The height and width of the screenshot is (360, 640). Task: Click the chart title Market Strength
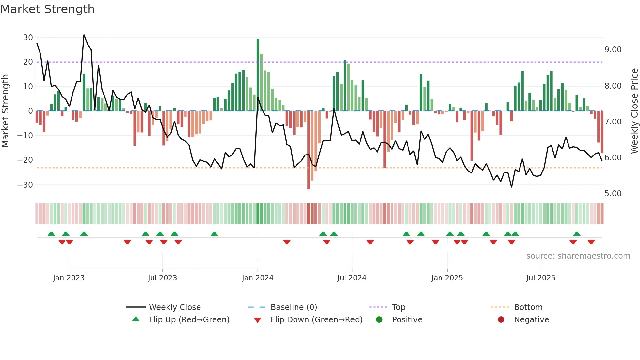pyautogui.click(x=47, y=9)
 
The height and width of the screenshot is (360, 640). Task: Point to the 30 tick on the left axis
pyautogui.click(x=28, y=38)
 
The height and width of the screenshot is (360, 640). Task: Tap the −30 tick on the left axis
pyautogui.click(x=25, y=185)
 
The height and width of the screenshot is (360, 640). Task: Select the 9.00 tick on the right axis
pyautogui.click(x=613, y=50)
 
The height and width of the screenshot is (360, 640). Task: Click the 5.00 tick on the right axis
pyautogui.click(x=613, y=194)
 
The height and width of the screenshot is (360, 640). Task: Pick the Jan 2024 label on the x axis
pyautogui.click(x=258, y=278)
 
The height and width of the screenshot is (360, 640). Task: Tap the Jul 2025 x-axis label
pyautogui.click(x=541, y=278)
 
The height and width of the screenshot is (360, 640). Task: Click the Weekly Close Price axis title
pyautogui.click(x=634, y=111)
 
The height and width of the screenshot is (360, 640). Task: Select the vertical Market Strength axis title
pyautogui.click(x=5, y=111)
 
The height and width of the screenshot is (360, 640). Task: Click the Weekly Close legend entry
pyautogui.click(x=175, y=307)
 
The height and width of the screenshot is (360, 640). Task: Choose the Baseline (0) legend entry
pyautogui.click(x=294, y=307)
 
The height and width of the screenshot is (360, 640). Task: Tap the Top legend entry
pyautogui.click(x=398, y=307)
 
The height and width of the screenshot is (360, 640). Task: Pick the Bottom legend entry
pyautogui.click(x=528, y=307)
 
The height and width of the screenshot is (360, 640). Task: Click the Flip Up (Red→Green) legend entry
pyautogui.click(x=189, y=320)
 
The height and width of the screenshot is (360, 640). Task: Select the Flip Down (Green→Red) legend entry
pyautogui.click(x=316, y=320)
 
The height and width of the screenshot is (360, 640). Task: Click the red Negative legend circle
pyautogui.click(x=501, y=319)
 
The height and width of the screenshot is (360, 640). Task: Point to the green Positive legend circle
pyautogui.click(x=379, y=319)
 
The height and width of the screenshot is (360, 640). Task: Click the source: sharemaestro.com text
pyautogui.click(x=578, y=256)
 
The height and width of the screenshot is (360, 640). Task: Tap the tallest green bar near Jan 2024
pyautogui.click(x=258, y=75)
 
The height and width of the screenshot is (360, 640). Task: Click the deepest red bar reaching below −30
pyautogui.click(x=309, y=150)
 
